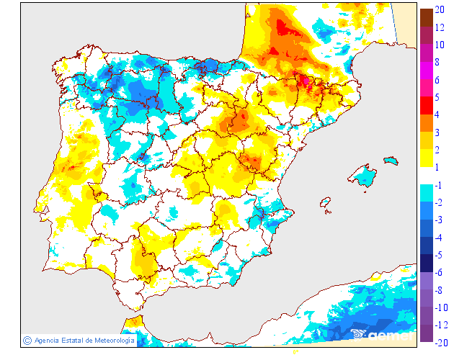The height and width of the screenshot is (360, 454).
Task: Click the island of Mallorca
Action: [x=363, y=176]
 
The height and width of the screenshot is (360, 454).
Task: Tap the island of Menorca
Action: [x=391, y=160]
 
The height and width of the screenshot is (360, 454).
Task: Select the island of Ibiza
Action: [x=326, y=204]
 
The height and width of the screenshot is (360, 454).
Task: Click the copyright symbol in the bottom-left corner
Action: [x=27, y=340]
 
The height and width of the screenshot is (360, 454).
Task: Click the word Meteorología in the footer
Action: [x=110, y=341]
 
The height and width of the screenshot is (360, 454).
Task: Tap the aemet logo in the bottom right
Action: [x=383, y=334]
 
